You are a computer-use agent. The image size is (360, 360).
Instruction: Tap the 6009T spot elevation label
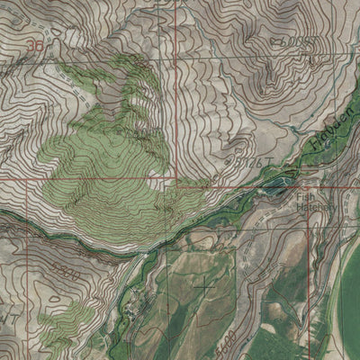click(295, 41)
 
